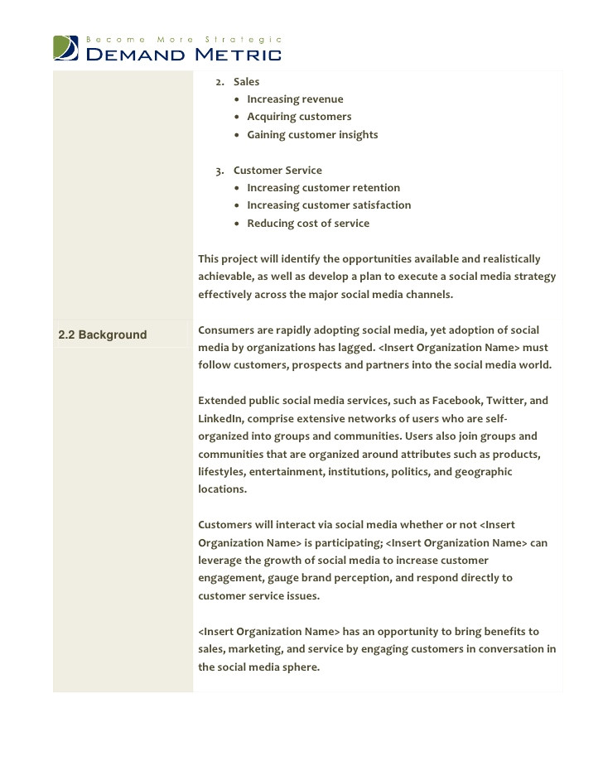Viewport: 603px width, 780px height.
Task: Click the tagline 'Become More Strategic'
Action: (x=184, y=39)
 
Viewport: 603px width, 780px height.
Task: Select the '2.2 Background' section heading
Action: (x=102, y=335)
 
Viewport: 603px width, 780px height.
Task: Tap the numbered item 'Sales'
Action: (x=246, y=82)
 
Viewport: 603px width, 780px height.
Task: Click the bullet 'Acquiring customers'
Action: (x=299, y=117)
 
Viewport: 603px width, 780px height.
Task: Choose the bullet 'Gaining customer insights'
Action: (x=312, y=135)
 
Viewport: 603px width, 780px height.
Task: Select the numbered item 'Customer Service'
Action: (x=277, y=171)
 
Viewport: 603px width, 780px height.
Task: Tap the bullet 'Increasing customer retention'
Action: (x=323, y=188)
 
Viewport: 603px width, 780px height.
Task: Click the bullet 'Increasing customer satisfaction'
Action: (x=329, y=205)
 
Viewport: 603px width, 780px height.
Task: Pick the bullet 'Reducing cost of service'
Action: (x=308, y=224)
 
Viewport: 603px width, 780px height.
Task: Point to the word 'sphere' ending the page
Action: (x=301, y=667)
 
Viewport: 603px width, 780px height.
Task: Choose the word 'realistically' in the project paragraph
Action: (x=510, y=259)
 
